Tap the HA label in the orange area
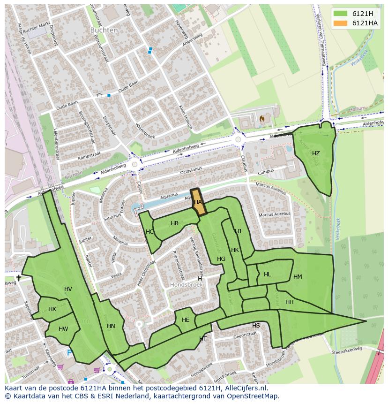(x=198, y=202)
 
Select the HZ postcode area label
(x=316, y=153)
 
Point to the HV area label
(x=68, y=289)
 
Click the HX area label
(x=52, y=309)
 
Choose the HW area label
(x=63, y=329)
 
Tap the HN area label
(x=111, y=326)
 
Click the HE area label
(x=186, y=320)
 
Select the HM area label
(x=298, y=277)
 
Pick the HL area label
(x=268, y=274)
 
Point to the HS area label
(x=256, y=326)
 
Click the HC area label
(x=149, y=232)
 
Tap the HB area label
(x=174, y=223)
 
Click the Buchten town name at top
(x=104, y=30)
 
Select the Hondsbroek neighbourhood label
(x=186, y=285)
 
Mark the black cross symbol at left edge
(x=18, y=278)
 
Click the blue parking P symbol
(x=69, y=353)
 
